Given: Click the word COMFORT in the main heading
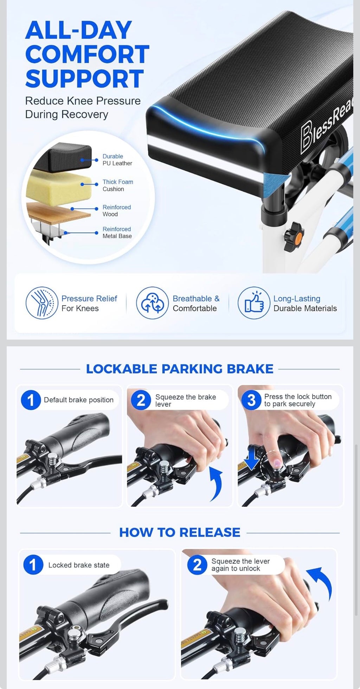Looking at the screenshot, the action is pyautogui.click(x=87, y=54).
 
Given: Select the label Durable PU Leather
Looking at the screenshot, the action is pyautogui.click(x=117, y=160).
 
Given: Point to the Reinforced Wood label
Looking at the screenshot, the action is pyautogui.click(x=116, y=211).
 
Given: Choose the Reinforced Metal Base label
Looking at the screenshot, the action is pyautogui.click(x=117, y=232).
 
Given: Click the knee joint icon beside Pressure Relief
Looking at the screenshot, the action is pyautogui.click(x=42, y=303).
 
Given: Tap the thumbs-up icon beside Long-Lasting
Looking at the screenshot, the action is pyautogui.click(x=254, y=303).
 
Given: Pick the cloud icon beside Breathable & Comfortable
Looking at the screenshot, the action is pyautogui.click(x=153, y=303).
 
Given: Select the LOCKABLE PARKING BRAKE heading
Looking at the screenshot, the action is pyautogui.click(x=180, y=369).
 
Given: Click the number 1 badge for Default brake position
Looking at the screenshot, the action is pyautogui.click(x=31, y=400).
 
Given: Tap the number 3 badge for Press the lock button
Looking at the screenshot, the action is pyautogui.click(x=251, y=400).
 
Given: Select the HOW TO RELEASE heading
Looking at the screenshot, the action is pyautogui.click(x=180, y=532).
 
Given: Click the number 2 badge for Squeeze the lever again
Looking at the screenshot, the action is pyautogui.click(x=197, y=565).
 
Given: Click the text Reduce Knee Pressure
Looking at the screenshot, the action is pyautogui.click(x=83, y=101).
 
